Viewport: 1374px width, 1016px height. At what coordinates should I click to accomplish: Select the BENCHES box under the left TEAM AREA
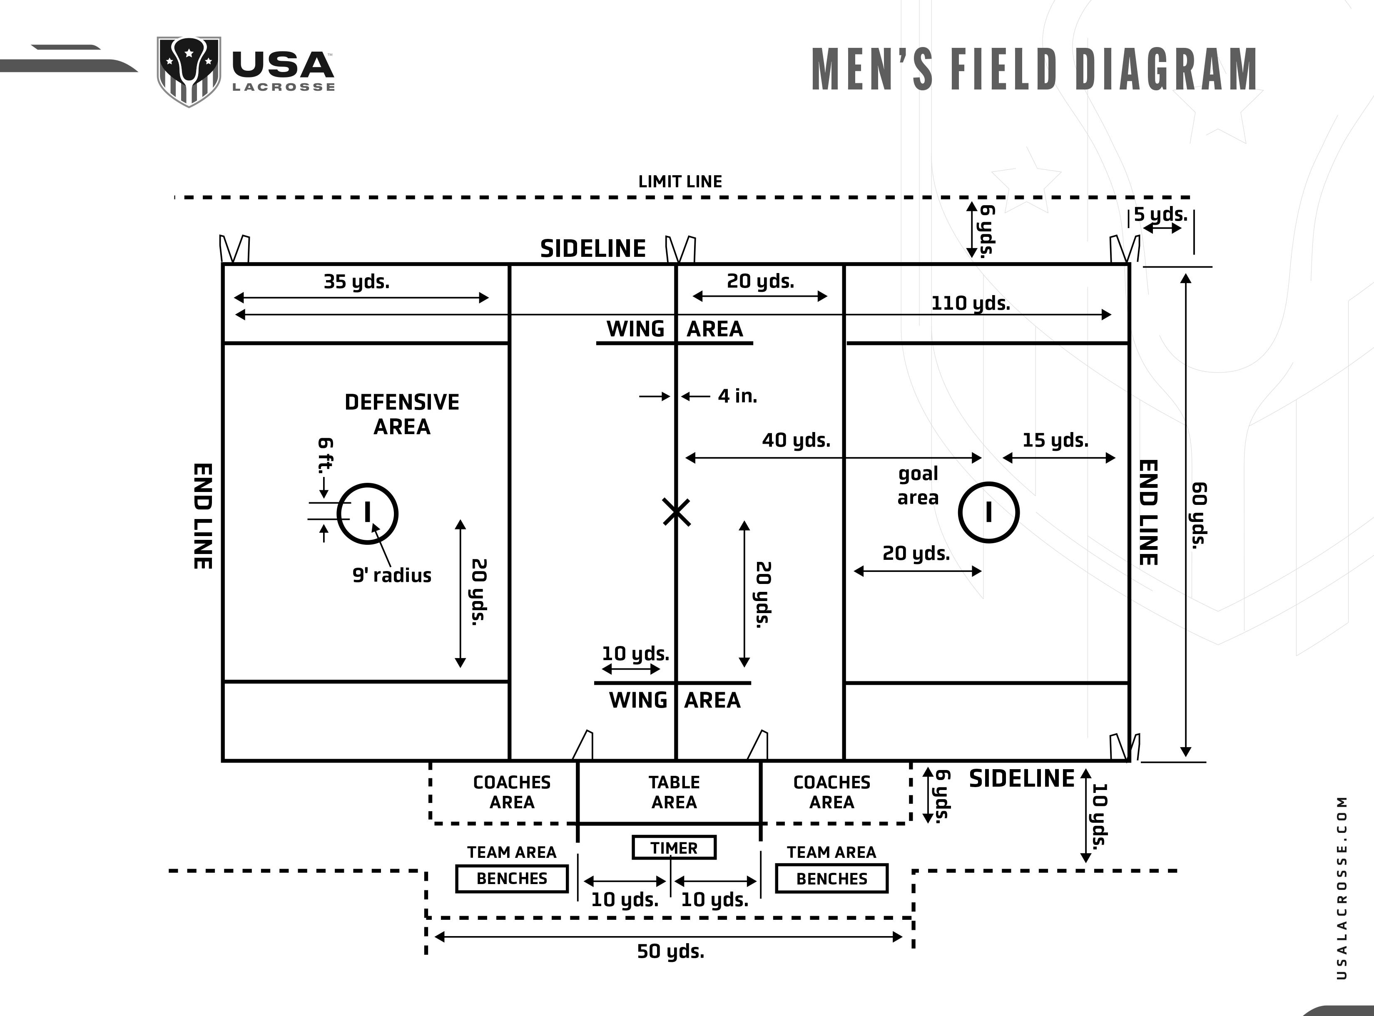point(512,878)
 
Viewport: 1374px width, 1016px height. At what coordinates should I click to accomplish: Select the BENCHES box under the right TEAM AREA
point(831,878)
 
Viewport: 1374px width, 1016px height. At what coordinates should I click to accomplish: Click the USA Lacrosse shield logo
point(189,71)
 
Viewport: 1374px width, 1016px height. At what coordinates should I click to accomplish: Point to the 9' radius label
point(392,576)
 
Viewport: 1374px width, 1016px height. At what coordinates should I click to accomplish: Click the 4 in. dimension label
point(737,396)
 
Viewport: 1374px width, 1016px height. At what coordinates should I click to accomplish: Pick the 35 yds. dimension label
point(357,282)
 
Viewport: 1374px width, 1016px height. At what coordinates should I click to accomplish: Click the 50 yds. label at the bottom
point(670,951)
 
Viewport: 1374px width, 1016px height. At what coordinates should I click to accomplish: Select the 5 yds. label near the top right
point(1160,215)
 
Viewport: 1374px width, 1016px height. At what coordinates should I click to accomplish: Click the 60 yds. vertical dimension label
point(1200,515)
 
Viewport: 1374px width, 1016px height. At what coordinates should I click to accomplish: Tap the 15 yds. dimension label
point(1055,440)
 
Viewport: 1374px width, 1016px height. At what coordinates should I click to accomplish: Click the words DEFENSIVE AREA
point(402,414)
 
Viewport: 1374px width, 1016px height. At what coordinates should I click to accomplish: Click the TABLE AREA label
point(674,792)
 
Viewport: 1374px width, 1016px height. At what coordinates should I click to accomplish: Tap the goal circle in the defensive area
point(367,514)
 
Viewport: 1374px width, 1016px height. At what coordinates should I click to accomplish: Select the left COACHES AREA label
point(512,792)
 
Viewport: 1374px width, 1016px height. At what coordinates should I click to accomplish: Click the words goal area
point(918,485)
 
